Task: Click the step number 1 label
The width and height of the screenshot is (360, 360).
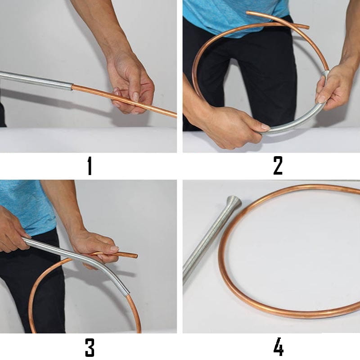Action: click(x=90, y=166)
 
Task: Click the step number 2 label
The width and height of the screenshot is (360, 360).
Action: click(x=278, y=166)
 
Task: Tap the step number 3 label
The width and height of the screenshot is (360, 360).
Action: click(x=90, y=347)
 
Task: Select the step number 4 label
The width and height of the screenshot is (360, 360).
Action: click(x=278, y=346)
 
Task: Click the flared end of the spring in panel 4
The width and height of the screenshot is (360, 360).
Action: click(x=234, y=201)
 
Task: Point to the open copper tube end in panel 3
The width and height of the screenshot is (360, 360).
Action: click(x=136, y=256)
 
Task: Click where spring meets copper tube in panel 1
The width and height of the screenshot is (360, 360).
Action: click(x=72, y=87)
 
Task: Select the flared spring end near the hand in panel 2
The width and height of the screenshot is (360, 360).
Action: click(x=325, y=73)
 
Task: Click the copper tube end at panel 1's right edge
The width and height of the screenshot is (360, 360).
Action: click(x=175, y=114)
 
